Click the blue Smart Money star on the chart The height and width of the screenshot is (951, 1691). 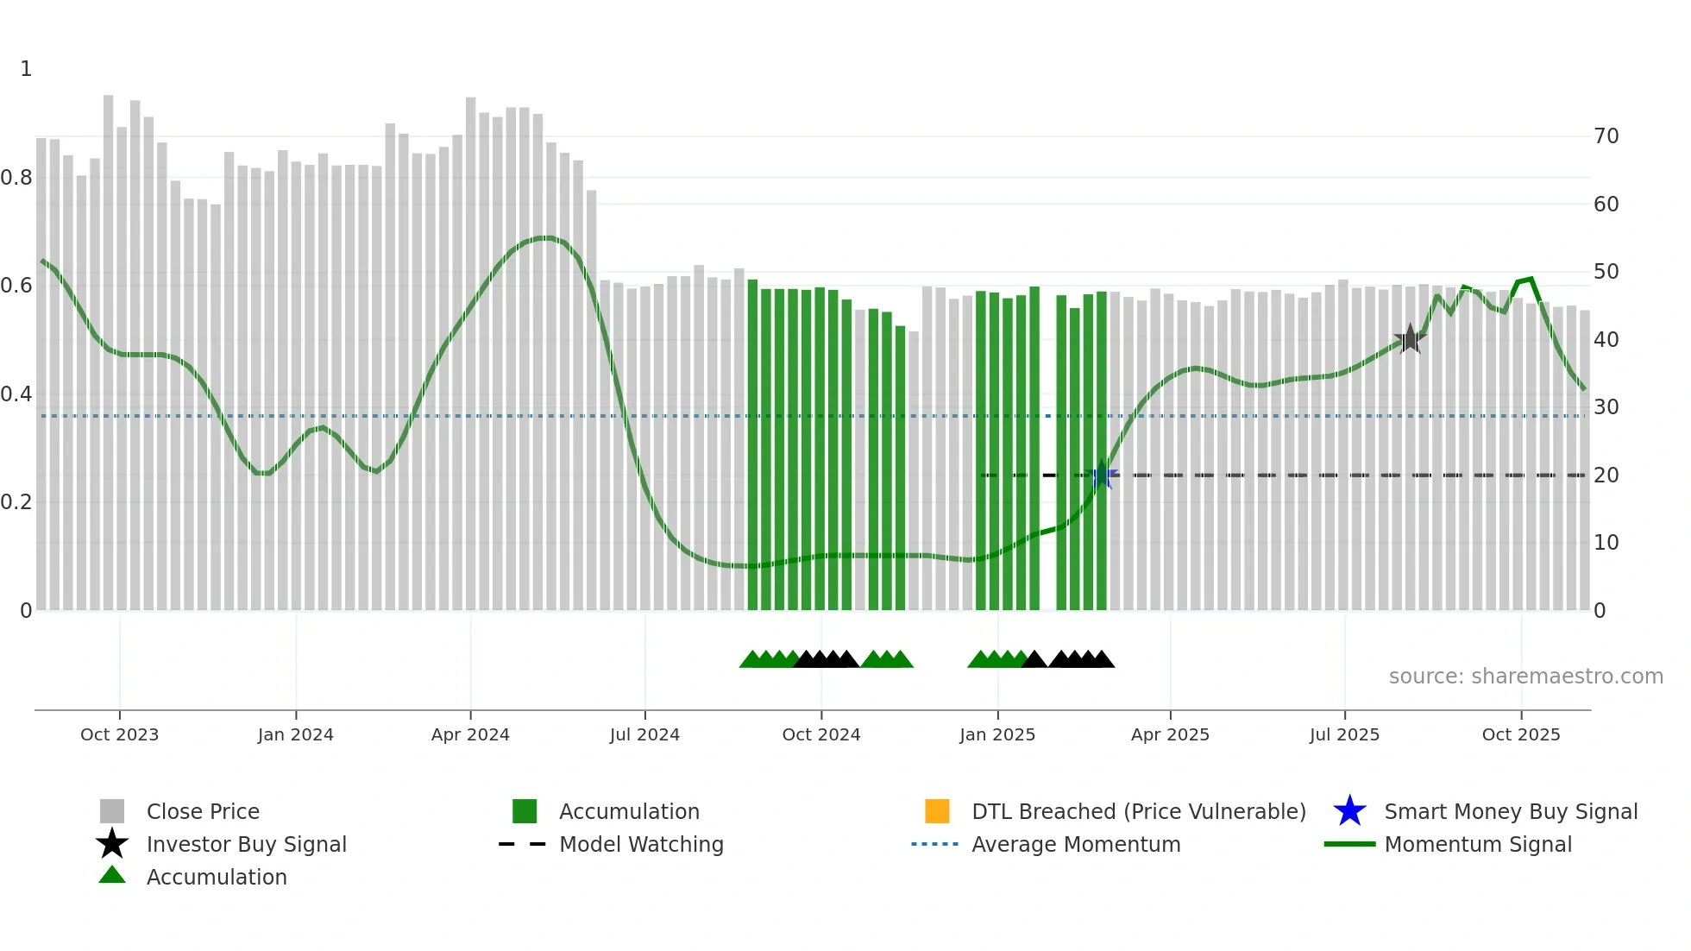click(1102, 475)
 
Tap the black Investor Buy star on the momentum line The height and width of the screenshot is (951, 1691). click(1410, 339)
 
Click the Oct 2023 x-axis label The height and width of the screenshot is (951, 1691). click(119, 734)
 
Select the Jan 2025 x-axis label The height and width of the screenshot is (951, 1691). click(997, 734)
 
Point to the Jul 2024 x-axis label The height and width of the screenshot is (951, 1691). click(644, 734)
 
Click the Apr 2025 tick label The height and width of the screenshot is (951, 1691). click(1170, 734)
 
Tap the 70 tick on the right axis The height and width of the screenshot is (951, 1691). click(1606, 136)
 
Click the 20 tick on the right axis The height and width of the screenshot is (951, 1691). click(1606, 475)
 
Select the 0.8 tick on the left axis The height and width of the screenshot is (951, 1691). click(17, 178)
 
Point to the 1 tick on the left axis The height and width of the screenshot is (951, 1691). click(26, 69)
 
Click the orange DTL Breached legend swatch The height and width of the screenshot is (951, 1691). click(937, 811)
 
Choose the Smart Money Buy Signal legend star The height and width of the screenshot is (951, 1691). click(1349, 811)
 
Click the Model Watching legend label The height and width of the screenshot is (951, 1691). click(641, 844)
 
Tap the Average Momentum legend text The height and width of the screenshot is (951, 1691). click(1076, 844)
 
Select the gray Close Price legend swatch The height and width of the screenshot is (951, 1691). click(112, 811)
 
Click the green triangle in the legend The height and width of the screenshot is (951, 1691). click(112, 875)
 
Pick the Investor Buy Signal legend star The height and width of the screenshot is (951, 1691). click(112, 844)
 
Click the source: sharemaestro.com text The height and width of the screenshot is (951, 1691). click(1525, 677)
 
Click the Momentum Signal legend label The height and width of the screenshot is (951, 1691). click(1478, 844)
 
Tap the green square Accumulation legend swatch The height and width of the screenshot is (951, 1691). click(525, 811)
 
